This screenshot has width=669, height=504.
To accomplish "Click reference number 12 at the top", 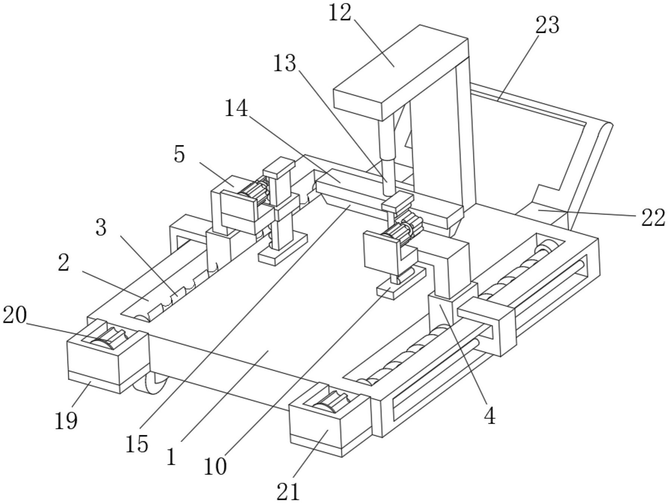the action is coord(340,13).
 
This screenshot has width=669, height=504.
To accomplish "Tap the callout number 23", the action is coord(547,25).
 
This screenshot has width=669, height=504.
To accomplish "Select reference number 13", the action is coord(284,63).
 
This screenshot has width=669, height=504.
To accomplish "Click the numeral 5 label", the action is coord(180,154).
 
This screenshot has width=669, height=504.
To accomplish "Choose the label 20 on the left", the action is coord(15,316).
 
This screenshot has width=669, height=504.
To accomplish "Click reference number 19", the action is coord(66,421).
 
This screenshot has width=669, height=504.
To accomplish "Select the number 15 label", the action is coord(137,444).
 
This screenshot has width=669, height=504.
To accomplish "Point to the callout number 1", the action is coord(171,457).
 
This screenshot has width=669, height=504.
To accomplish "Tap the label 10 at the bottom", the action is coord(215,467).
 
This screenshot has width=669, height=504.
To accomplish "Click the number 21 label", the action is coord(288,492).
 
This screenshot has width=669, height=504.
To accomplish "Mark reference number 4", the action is coord(489,416).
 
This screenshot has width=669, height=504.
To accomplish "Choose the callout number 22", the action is coord(653,218).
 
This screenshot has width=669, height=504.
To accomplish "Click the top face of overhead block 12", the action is coord(400,64).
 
